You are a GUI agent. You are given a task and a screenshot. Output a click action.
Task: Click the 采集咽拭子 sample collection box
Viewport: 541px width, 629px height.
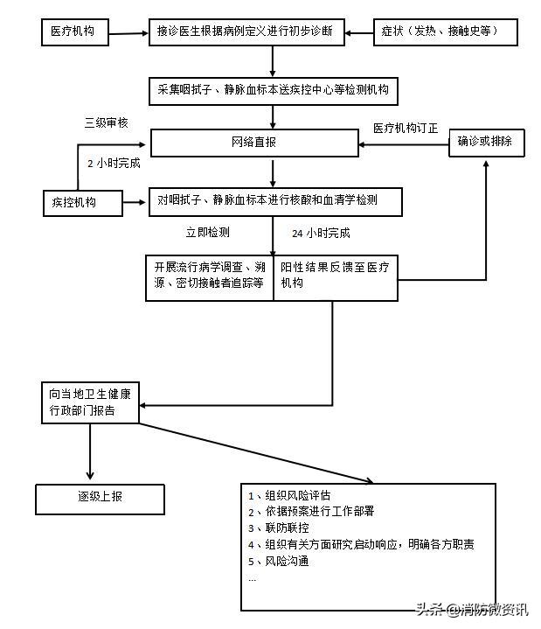[x=274, y=90]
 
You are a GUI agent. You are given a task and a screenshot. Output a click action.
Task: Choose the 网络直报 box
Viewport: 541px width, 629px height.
[x=254, y=143]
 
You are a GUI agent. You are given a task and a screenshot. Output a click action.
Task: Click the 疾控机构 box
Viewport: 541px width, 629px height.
[x=81, y=203]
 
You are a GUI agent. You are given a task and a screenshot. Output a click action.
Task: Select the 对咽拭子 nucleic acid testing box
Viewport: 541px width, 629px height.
[x=274, y=201]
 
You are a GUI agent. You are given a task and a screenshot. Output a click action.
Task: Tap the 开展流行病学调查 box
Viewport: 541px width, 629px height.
[x=210, y=276]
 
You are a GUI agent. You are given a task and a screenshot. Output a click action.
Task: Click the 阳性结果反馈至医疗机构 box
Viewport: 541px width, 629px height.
[x=336, y=276]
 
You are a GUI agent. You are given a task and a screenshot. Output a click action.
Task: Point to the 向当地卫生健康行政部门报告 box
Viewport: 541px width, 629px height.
[x=90, y=402]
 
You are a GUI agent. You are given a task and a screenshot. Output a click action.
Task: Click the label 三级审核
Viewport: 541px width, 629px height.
[x=106, y=123]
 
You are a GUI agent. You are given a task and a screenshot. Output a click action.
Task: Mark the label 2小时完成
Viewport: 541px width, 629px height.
[x=113, y=163]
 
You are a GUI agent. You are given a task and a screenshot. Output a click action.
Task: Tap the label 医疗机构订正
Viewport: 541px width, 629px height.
[x=406, y=128]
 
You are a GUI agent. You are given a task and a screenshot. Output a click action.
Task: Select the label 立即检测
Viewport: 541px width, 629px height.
[x=208, y=233]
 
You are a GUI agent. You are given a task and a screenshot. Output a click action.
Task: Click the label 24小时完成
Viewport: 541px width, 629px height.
[x=320, y=234]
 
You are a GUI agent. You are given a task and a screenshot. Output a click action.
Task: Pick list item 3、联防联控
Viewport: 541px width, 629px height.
[x=279, y=528]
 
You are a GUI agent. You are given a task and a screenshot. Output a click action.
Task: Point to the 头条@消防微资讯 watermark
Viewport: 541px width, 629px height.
[x=472, y=610]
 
